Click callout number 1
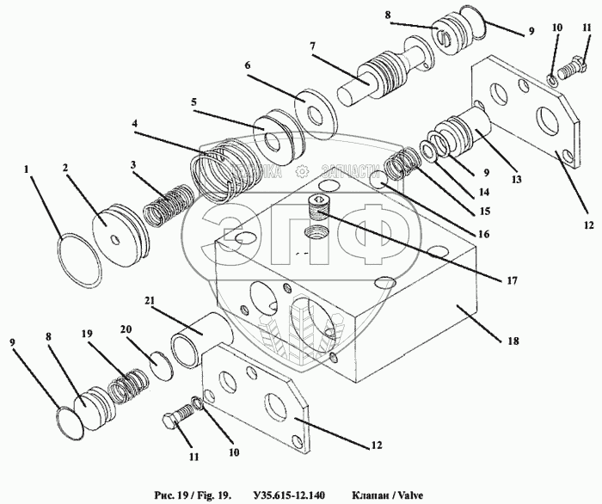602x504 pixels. tap(29, 169)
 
